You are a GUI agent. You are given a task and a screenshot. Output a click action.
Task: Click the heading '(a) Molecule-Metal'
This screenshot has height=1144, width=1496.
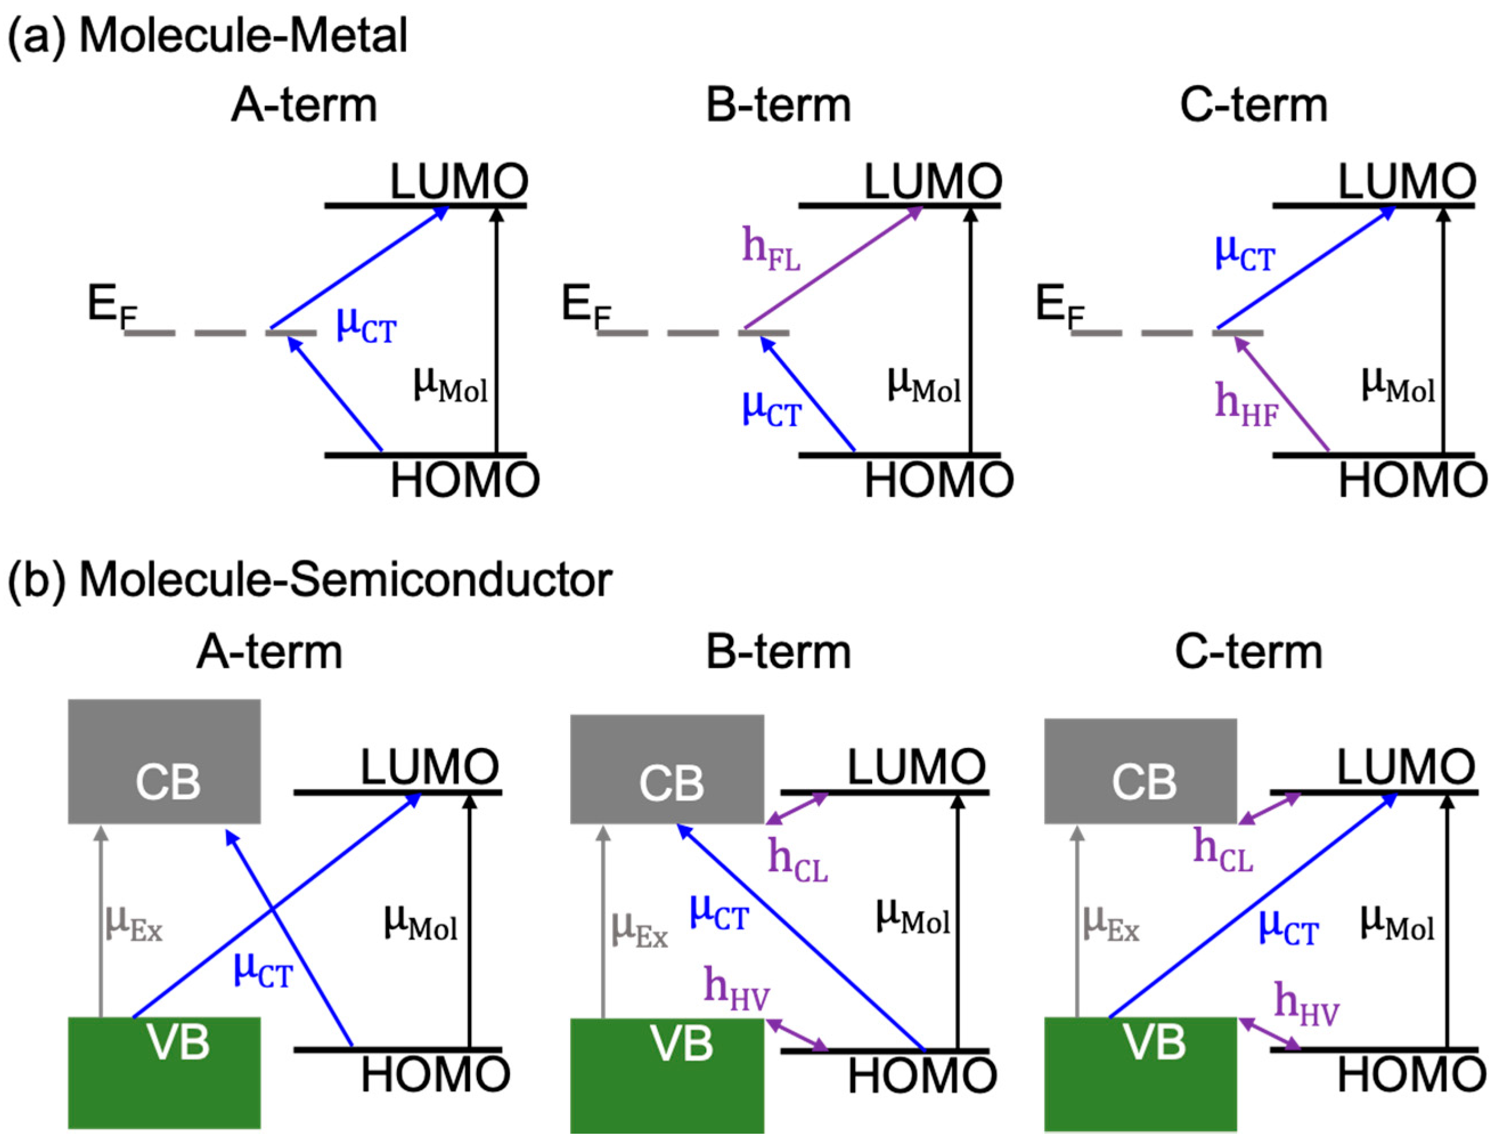(x=208, y=35)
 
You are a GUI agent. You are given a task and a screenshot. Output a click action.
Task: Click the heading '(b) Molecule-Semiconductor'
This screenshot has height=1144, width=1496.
(x=310, y=580)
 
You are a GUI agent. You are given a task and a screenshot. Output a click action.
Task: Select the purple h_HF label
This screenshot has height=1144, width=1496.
(x=1246, y=405)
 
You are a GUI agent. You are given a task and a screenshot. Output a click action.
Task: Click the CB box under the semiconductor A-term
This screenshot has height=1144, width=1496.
(x=164, y=762)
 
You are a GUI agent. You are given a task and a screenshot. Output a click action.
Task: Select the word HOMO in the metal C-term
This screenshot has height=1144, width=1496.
(x=1412, y=481)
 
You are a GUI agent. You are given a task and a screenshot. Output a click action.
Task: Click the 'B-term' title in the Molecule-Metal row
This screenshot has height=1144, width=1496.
(x=778, y=106)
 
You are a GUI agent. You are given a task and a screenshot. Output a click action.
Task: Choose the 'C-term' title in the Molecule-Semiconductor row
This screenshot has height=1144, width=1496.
(x=1249, y=652)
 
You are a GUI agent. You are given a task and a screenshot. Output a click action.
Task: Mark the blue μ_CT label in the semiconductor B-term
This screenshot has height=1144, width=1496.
(x=719, y=913)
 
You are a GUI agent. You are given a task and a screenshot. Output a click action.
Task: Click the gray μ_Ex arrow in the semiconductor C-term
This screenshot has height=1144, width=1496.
(x=1077, y=923)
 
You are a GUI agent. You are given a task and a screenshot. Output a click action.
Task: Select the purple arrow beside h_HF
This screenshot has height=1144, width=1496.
(x=1281, y=395)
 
